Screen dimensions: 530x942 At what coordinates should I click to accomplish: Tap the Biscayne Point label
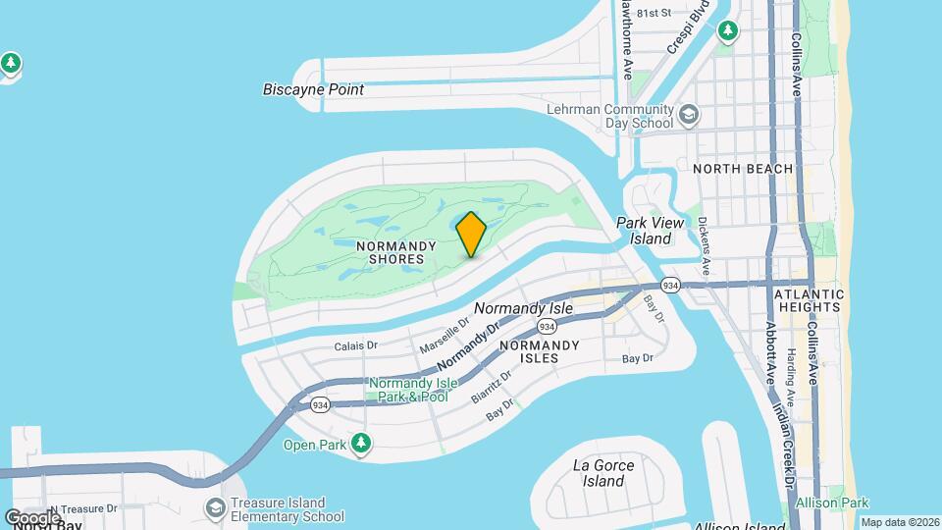pyautogui.click(x=313, y=89)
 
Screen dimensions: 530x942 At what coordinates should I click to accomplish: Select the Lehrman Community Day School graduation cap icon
pyautogui.click(x=689, y=116)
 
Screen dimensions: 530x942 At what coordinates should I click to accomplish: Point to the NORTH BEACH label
pyautogui.click(x=742, y=169)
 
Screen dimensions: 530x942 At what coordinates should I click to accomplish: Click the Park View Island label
pyautogui.click(x=644, y=231)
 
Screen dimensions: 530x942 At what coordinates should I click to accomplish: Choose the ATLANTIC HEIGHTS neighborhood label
pyautogui.click(x=809, y=300)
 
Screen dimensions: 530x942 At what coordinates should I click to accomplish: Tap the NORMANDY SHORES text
pyautogui.click(x=391, y=252)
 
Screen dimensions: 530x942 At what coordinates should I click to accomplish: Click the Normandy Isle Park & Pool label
pyautogui.click(x=408, y=390)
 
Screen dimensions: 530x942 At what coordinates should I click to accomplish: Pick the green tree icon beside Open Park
pyautogui.click(x=362, y=444)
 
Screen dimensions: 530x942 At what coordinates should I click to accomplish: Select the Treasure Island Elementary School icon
pyautogui.click(x=215, y=507)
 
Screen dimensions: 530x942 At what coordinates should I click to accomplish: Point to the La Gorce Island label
pyautogui.click(x=603, y=473)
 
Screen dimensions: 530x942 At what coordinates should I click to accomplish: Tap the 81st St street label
pyautogui.click(x=653, y=14)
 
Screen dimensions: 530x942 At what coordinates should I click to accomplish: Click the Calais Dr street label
pyautogui.click(x=355, y=345)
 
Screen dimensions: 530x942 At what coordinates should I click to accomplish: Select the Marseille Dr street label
pyautogui.click(x=445, y=338)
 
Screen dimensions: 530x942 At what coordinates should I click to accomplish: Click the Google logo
pyautogui.click(x=31, y=517)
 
